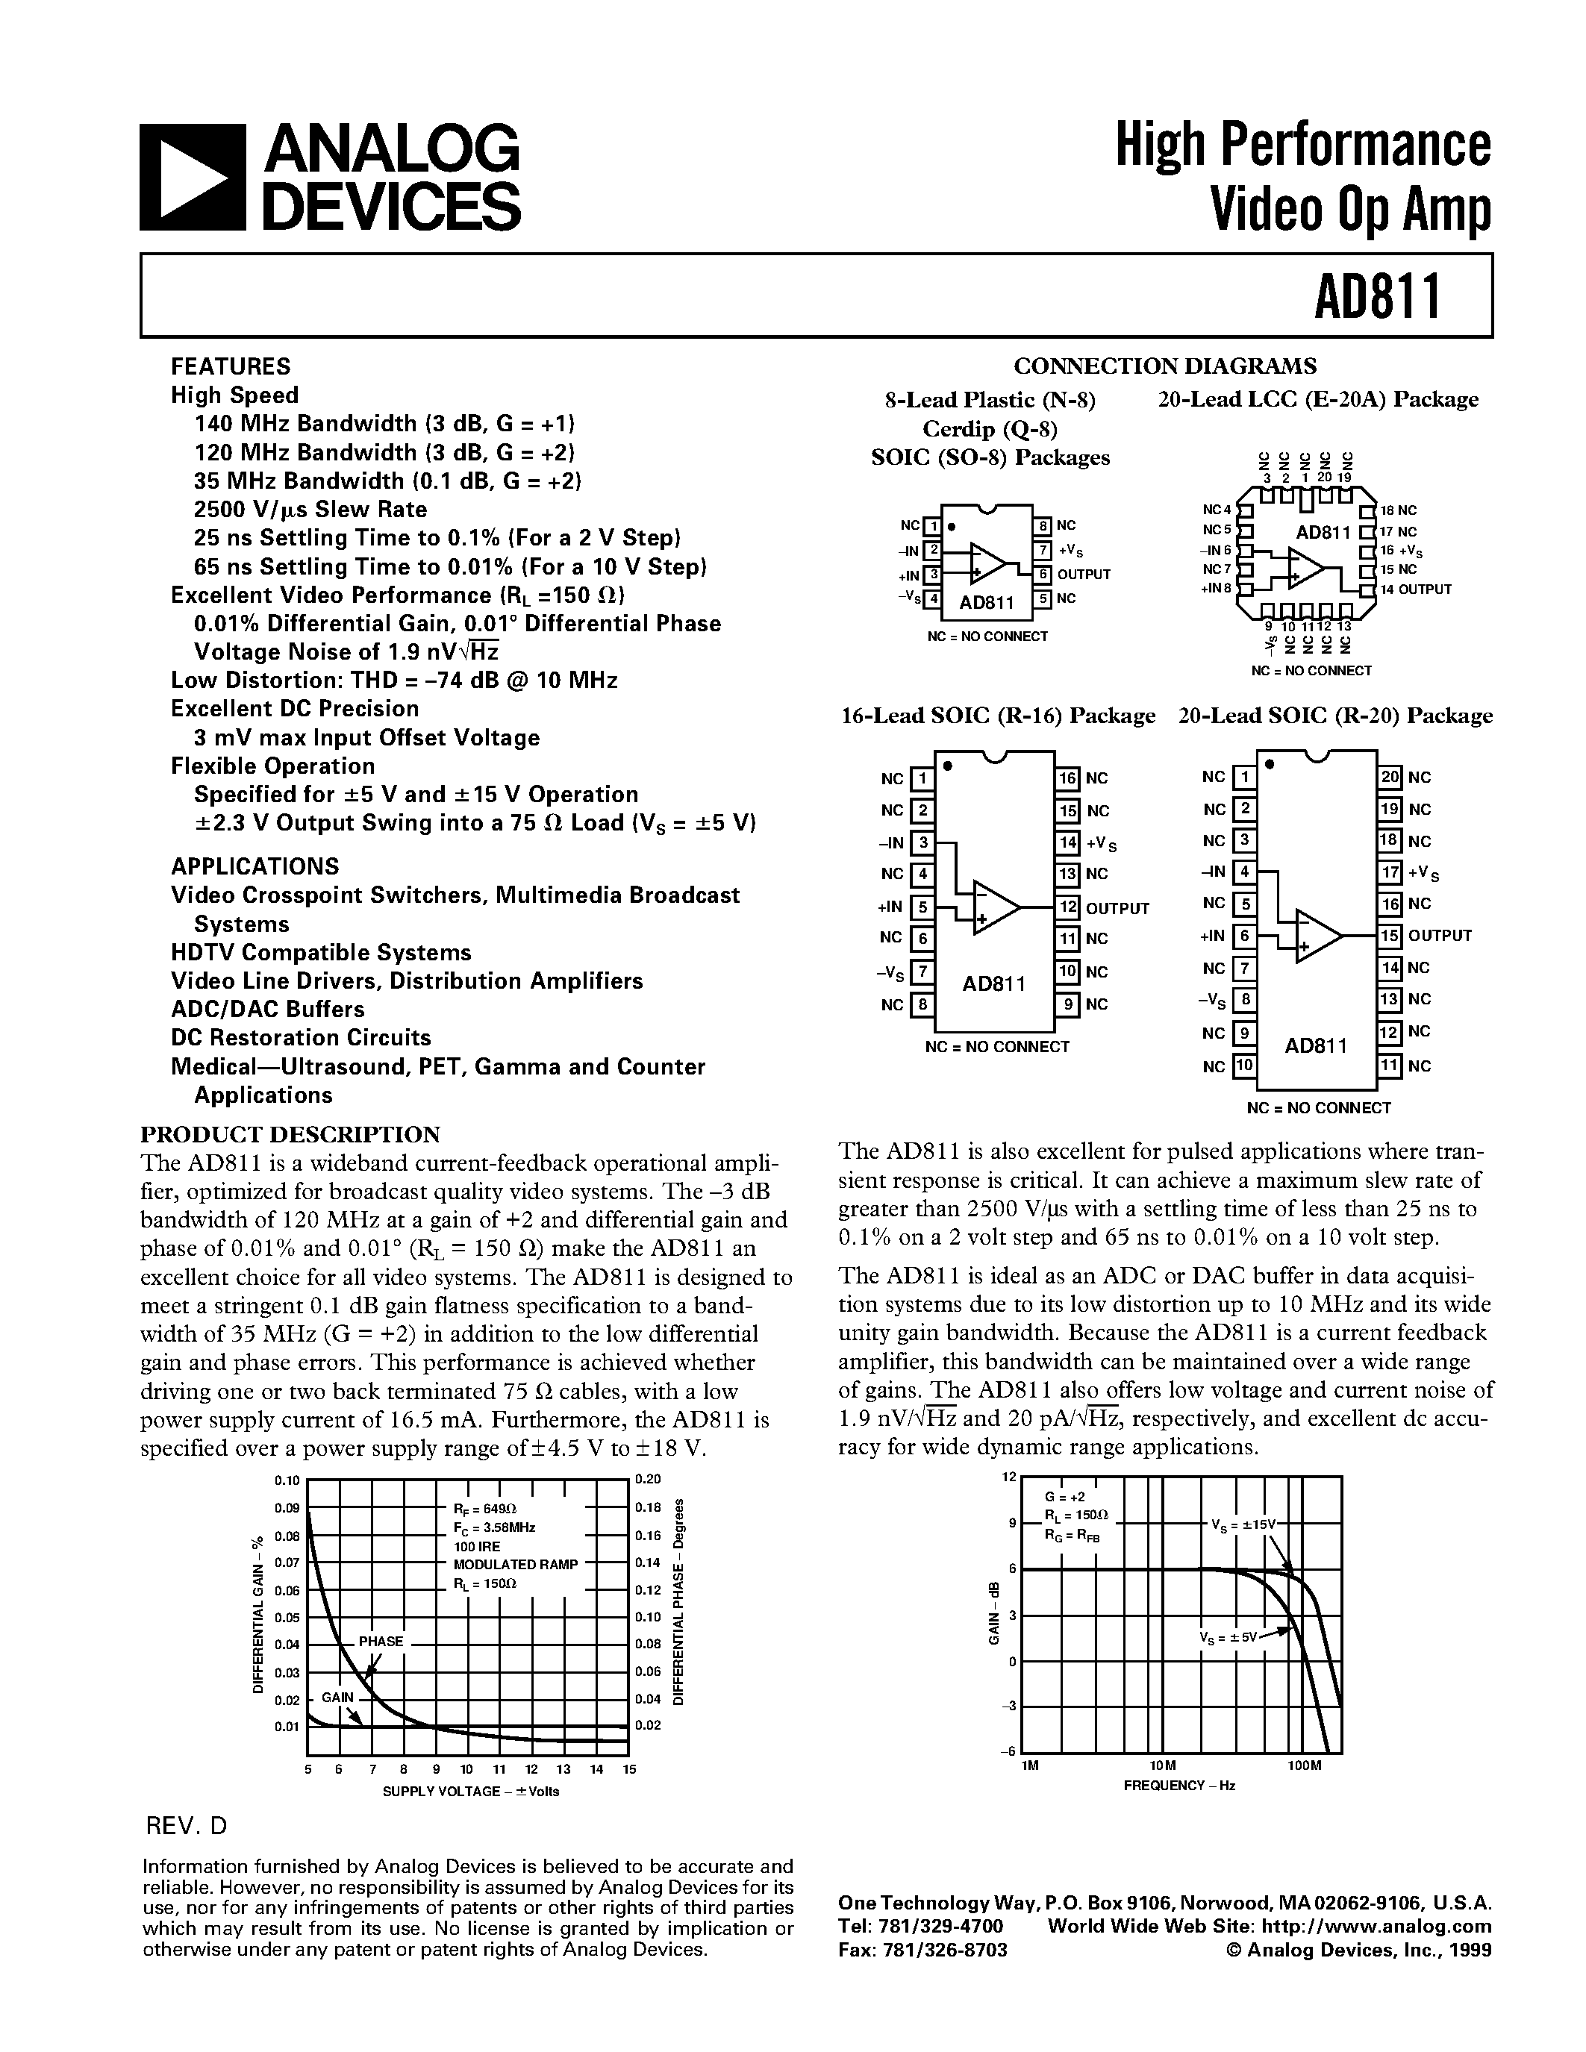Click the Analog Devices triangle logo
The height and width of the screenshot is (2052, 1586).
point(193,178)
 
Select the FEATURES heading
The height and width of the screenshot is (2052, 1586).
point(230,366)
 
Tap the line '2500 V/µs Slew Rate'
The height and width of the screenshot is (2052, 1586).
point(310,509)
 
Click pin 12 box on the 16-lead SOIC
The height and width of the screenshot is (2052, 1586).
point(1067,907)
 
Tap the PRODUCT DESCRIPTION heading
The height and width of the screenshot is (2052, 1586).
point(290,1134)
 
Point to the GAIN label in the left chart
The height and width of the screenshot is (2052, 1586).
point(337,1697)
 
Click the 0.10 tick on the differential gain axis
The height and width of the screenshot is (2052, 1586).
point(287,1480)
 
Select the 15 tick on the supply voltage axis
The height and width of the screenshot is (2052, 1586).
point(629,1769)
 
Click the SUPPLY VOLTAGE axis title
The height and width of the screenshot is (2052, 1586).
point(469,1791)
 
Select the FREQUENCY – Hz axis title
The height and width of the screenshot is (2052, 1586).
point(1178,1785)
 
